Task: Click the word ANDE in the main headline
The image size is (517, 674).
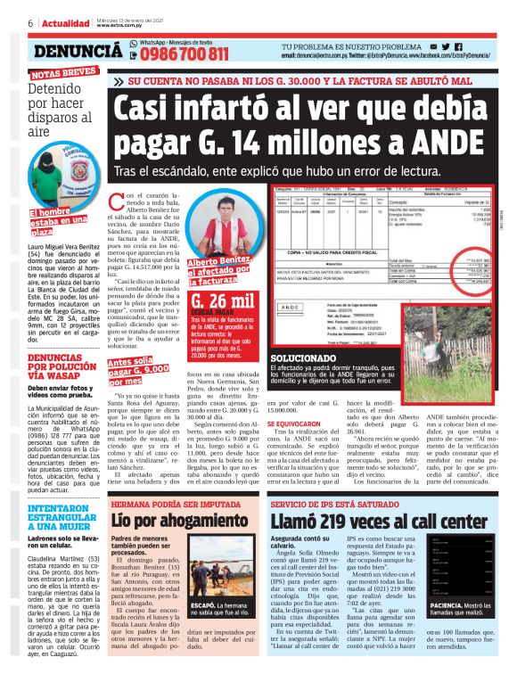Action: [403, 143]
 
